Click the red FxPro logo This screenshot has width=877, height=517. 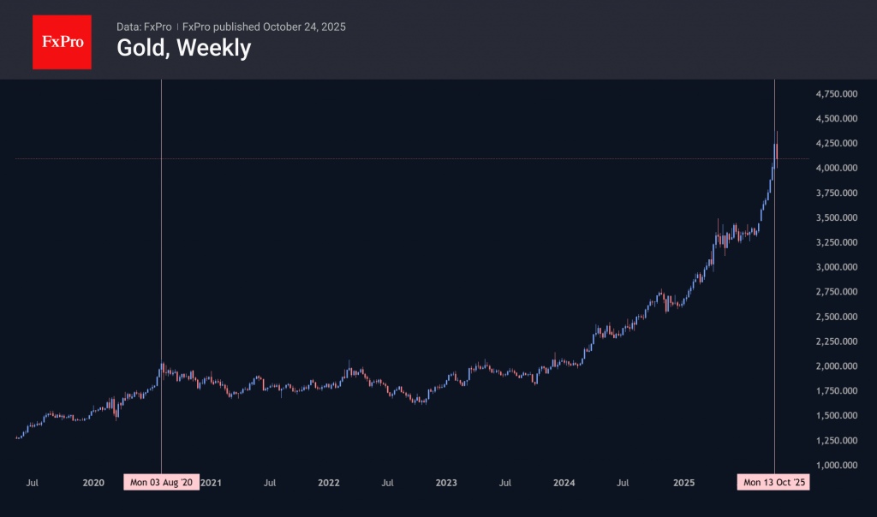62,40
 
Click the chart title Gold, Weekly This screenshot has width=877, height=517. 183,48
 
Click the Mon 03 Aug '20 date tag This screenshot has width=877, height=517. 161,483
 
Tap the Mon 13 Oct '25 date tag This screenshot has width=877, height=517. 773,483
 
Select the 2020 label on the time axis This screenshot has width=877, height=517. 93,483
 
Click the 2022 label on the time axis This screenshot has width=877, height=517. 329,483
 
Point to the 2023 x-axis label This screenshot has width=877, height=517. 446,483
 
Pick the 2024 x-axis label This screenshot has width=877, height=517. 564,483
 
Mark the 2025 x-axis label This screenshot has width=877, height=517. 682,483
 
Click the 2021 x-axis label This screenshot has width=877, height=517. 212,483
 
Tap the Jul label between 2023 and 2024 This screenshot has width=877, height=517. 505,483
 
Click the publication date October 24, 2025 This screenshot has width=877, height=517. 304,27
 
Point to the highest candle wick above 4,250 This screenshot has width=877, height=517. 777,133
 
